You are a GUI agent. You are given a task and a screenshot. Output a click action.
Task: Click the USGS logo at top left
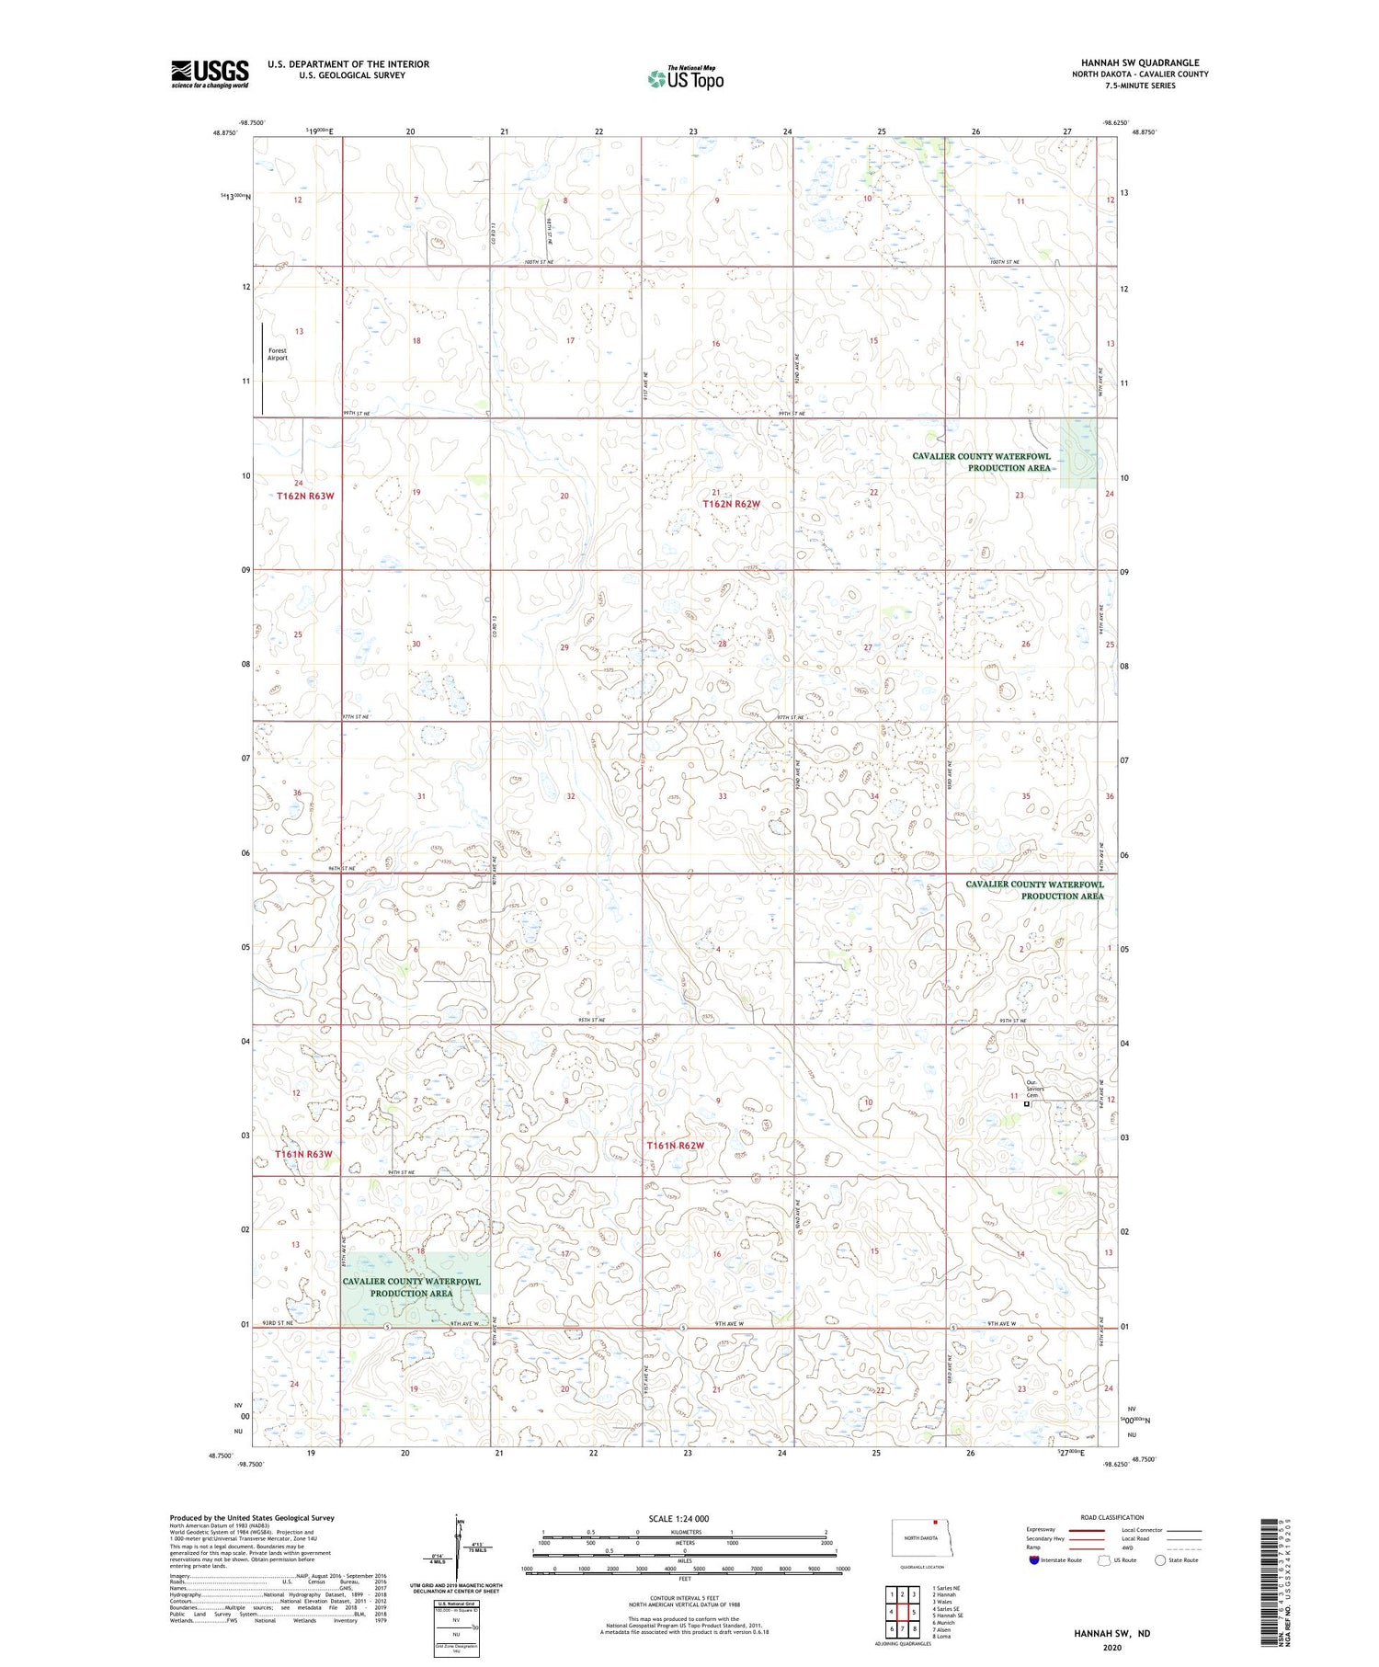210,74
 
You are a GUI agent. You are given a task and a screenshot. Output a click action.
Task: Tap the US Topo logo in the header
685,79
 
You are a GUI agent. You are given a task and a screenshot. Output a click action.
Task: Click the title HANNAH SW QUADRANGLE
1140,63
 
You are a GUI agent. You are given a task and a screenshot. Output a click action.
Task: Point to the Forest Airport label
278,354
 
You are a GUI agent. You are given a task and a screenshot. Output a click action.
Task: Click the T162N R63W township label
305,497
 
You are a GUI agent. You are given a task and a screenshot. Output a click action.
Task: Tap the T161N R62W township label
675,1146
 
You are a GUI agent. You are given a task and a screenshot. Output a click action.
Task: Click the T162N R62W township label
732,504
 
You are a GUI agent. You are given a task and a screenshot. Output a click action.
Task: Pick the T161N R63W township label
303,1154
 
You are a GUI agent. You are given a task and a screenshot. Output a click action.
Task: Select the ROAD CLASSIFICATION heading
1112,1518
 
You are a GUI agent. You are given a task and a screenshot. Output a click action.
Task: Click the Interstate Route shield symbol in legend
1034,1560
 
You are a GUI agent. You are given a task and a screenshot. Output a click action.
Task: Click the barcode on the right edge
1270,1581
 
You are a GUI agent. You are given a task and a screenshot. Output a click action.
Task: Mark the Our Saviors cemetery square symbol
1027,1104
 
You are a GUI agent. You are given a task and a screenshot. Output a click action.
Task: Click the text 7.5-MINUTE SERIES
1140,86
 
